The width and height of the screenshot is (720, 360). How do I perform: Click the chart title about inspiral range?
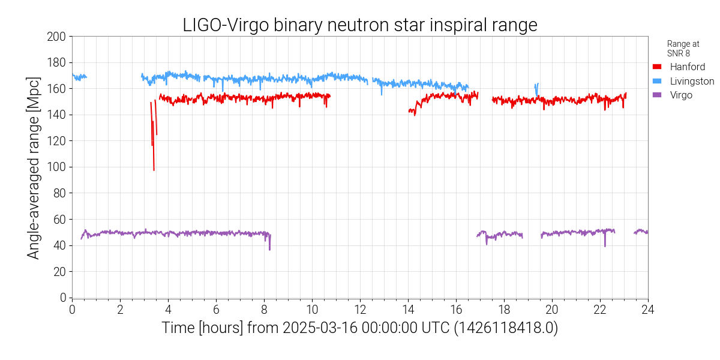(x=360, y=25)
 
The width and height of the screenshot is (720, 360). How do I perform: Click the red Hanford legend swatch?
(x=657, y=67)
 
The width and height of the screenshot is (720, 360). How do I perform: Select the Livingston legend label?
(x=692, y=81)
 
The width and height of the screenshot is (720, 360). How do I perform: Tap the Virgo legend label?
(x=681, y=95)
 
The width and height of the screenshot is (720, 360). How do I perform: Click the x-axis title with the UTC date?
(x=360, y=328)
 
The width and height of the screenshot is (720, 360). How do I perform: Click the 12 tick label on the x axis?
(x=360, y=309)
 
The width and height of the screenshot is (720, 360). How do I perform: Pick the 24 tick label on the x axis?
(x=647, y=309)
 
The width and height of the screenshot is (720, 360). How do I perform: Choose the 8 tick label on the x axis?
(x=264, y=309)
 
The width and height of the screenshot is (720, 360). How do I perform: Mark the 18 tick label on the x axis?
(x=503, y=309)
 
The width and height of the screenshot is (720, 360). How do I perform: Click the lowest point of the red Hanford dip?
(x=154, y=170)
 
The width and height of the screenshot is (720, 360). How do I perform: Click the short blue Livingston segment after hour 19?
(x=536, y=88)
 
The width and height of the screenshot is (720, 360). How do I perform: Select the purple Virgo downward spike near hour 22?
(x=605, y=245)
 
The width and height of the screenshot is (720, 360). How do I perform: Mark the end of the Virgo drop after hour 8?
(x=269, y=249)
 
